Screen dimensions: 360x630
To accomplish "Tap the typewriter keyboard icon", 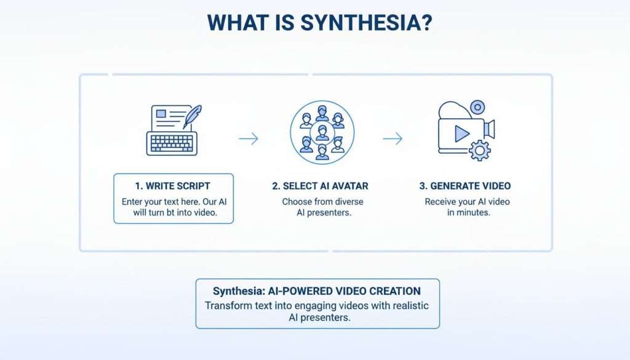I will click(x=171, y=143).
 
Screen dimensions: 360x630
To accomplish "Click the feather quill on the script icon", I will click(x=194, y=116).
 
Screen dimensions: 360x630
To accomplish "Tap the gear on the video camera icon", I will click(x=479, y=150).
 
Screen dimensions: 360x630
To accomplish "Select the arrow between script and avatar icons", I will click(x=248, y=139).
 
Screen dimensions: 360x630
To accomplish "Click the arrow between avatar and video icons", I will click(x=393, y=139).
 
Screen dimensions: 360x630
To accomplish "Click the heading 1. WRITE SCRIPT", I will click(x=173, y=186).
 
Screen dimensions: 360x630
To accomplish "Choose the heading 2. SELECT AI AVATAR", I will click(x=321, y=186).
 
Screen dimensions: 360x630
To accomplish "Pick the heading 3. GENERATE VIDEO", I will click(x=466, y=186).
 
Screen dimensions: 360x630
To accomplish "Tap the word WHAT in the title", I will click(x=236, y=22).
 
